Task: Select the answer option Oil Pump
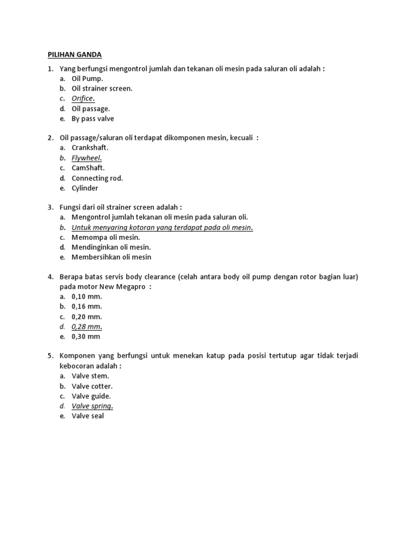click(x=88, y=79)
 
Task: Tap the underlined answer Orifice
click(x=83, y=98)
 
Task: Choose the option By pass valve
click(x=93, y=119)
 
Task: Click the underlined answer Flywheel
click(x=87, y=158)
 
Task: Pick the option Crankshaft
click(x=90, y=148)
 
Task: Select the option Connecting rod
click(x=97, y=178)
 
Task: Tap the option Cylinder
click(x=85, y=188)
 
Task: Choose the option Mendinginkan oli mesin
click(x=111, y=247)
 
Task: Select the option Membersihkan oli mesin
click(x=112, y=257)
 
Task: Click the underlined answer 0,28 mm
click(x=87, y=327)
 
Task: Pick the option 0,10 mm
click(x=87, y=296)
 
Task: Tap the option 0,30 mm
click(x=86, y=337)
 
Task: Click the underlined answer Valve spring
click(x=93, y=406)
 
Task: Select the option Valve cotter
click(x=92, y=386)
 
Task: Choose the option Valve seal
click(x=88, y=416)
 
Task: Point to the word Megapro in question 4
click(x=130, y=286)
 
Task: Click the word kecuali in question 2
click(x=243, y=138)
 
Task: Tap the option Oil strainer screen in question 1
click(x=102, y=88)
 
